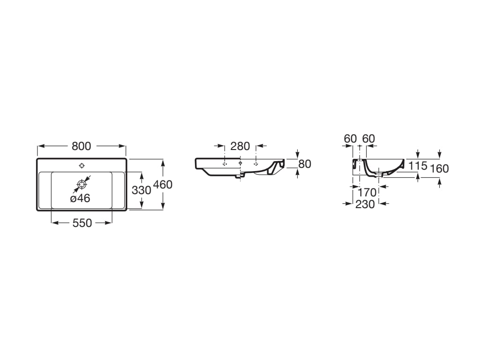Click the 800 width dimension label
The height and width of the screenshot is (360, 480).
click(x=81, y=146)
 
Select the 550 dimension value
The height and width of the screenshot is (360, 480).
click(x=82, y=223)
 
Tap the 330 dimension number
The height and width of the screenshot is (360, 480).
click(x=141, y=190)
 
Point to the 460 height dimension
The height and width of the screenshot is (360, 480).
click(x=163, y=185)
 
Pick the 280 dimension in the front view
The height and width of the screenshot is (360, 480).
click(x=240, y=146)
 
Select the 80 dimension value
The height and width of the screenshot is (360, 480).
click(x=305, y=164)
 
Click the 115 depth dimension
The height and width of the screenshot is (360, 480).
click(x=417, y=165)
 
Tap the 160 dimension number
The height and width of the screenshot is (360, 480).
click(x=439, y=169)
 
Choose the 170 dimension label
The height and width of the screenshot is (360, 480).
click(x=367, y=192)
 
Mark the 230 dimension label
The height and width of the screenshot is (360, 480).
click(x=365, y=204)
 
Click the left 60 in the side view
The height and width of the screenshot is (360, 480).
click(x=350, y=138)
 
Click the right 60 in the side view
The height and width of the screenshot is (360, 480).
click(x=368, y=138)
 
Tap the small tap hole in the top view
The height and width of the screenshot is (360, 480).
click(x=82, y=165)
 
